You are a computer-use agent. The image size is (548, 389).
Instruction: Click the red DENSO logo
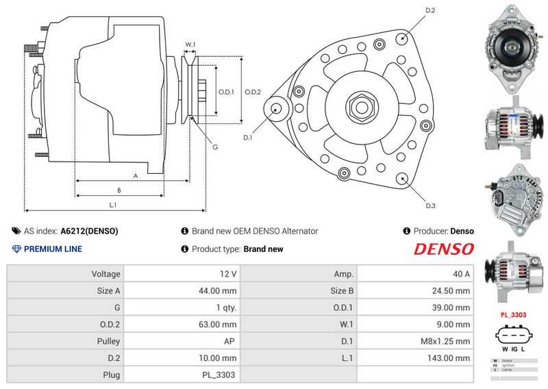click(443, 249)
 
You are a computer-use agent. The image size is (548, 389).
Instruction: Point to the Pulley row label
click(109, 341)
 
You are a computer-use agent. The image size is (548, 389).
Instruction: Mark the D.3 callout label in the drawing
click(430, 205)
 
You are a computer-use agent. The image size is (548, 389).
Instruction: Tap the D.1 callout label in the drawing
click(248, 138)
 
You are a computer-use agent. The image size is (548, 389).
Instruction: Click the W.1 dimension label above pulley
click(190, 45)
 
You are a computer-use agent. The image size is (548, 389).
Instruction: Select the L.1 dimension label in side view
click(113, 205)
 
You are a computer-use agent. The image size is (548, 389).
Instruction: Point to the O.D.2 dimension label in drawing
click(253, 92)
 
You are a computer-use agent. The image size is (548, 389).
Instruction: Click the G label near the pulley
click(215, 147)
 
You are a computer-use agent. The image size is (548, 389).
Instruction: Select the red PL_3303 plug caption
click(513, 315)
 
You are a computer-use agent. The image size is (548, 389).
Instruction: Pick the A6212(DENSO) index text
click(89, 231)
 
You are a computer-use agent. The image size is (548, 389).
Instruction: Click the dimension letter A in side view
click(135, 176)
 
